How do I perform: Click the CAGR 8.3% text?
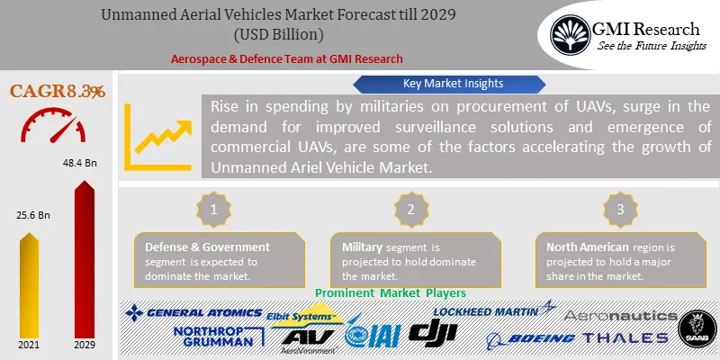click(57, 91)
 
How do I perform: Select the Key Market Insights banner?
click(441, 83)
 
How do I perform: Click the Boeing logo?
click(531, 338)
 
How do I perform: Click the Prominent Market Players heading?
click(391, 293)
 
